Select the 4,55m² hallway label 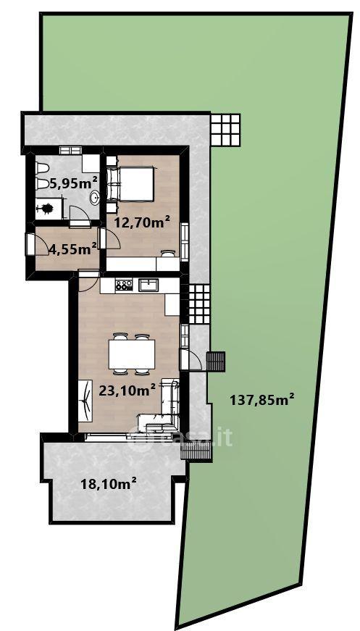(x=73, y=248)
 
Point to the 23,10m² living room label (x=127, y=390)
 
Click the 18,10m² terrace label (x=108, y=483)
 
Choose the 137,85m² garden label (x=262, y=400)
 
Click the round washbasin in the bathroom (x=95, y=198)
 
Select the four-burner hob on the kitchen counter (x=124, y=285)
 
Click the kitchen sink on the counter (x=148, y=285)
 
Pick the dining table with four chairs (x=132, y=354)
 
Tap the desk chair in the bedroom (x=168, y=253)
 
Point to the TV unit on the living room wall (x=85, y=401)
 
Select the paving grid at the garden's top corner (x=225, y=130)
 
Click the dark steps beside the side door (x=216, y=362)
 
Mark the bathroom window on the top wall (x=71, y=150)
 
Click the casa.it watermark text (x=180, y=437)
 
